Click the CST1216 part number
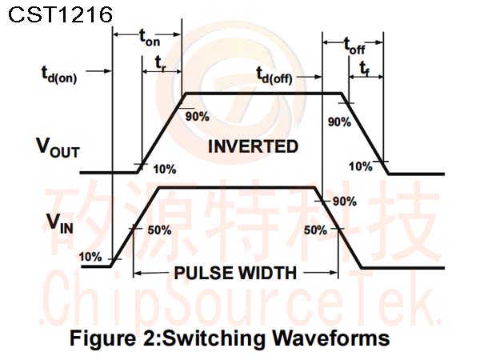pos(60,14)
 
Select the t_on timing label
pos(150,38)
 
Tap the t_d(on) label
pos(59,74)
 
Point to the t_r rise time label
pos(161,64)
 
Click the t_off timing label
pos(354,46)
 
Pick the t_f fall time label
pos(365,68)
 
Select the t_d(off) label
pos(274,76)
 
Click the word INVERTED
pos(253,146)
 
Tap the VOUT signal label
pos(58,148)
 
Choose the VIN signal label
pos(60,223)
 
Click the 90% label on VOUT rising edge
pos(198,117)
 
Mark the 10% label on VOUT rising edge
pos(164,169)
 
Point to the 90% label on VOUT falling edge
pos(339,122)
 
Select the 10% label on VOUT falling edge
pos(361,166)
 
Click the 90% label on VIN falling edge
pos(345,202)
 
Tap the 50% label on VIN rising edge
pos(159,230)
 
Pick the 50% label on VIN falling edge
pos(316,230)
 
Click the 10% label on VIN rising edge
pos(90,257)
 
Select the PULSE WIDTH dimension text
pos(235,273)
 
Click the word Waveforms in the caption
pos(331,338)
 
